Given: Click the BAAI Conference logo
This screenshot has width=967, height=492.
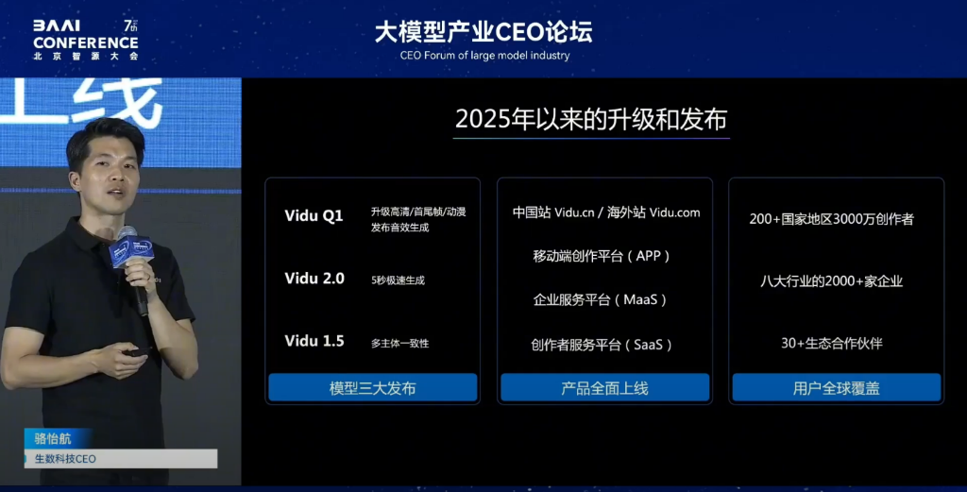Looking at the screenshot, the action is pos(86,40).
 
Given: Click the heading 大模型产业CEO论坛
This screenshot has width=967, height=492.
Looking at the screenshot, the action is pos(483,31).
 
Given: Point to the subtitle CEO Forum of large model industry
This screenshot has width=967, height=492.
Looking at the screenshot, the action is pos(484,56).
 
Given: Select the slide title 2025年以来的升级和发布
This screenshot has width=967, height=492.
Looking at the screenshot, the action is pos(591,119).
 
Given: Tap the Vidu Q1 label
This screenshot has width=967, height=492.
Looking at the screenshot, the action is pos(314,216).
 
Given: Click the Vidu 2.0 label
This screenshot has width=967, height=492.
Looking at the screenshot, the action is pos(314,279).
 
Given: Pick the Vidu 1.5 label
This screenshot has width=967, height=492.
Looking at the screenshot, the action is pos(314,341).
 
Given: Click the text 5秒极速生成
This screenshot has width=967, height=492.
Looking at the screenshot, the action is pos(398,280).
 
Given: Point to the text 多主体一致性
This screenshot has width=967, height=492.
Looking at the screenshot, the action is pos(399,344).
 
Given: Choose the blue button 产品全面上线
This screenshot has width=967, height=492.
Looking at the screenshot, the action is pos(604,388).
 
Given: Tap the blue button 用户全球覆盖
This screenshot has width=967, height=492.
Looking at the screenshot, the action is pos(837,388).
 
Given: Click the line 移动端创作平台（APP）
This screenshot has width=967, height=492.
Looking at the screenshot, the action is pos(602,256).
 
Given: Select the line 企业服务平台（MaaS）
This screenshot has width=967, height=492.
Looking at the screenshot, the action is pos(600,299).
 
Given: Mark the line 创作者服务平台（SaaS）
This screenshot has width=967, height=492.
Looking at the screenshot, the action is pos(602,345).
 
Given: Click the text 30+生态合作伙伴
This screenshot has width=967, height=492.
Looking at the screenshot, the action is pos(831,344).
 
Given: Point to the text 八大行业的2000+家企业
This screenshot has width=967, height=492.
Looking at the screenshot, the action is pos(831,281).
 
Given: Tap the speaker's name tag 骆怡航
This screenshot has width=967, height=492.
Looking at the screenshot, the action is pos(53,438).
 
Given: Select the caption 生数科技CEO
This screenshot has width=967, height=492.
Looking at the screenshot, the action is pos(65,459).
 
